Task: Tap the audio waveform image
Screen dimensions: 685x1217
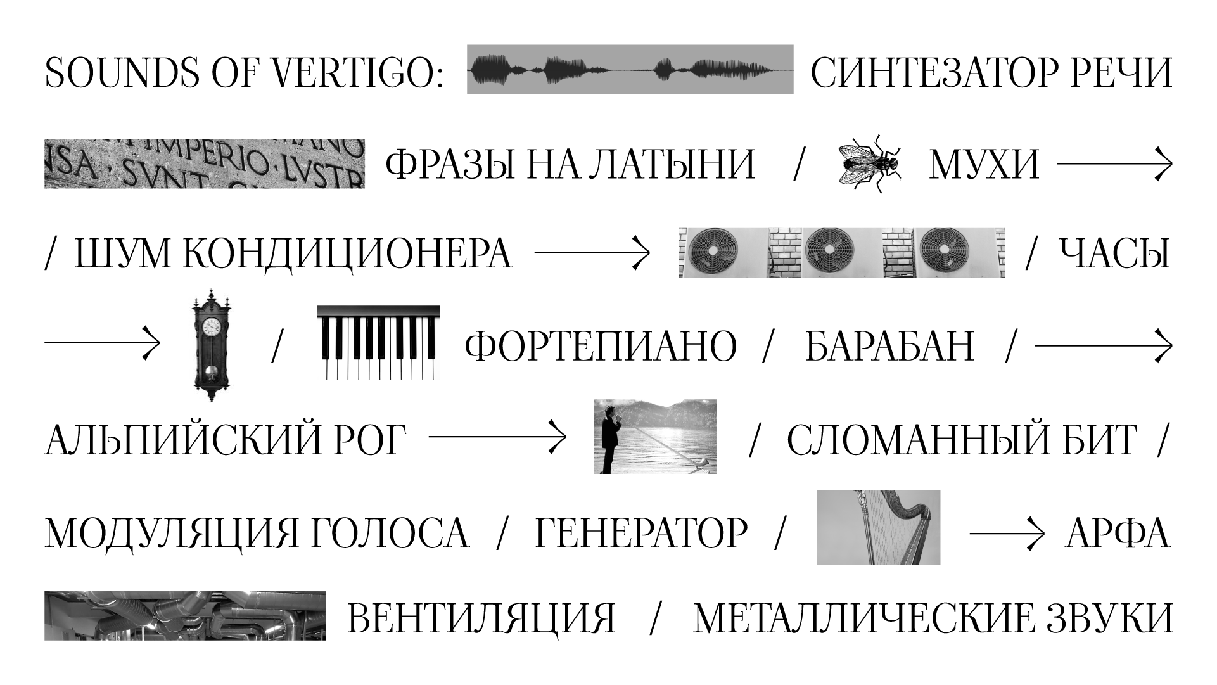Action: click(x=630, y=70)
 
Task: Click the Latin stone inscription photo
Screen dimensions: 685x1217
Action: click(x=204, y=163)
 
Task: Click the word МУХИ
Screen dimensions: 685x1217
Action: click(x=984, y=164)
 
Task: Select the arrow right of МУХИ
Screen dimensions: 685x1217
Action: click(x=1114, y=164)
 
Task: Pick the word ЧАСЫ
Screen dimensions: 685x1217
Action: click(x=1114, y=254)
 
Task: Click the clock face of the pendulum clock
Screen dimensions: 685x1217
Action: click(x=211, y=327)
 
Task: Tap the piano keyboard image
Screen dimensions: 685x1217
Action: click(x=378, y=343)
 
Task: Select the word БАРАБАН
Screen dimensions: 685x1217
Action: click(x=889, y=346)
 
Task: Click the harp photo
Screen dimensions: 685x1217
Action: click(x=878, y=527)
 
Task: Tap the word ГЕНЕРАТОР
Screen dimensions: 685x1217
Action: click(x=641, y=532)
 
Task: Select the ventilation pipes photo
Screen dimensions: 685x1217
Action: click(x=185, y=615)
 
